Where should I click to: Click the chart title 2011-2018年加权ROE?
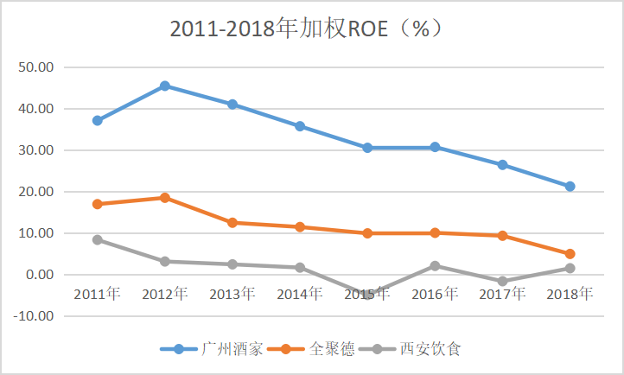[307, 28]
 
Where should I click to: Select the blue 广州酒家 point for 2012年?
[165, 86]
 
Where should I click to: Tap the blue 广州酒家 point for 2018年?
[570, 187]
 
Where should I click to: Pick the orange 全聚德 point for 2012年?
[165, 198]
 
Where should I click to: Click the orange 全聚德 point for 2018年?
[570, 254]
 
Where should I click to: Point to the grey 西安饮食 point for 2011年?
[98, 239]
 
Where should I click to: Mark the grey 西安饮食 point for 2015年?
[367, 295]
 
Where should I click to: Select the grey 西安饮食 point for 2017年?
[502, 282]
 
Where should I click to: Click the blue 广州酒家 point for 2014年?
[300, 126]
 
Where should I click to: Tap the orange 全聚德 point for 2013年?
[232, 223]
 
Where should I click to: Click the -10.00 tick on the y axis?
[34, 316]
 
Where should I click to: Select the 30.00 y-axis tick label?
[36, 150]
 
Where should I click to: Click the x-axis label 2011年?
[97, 294]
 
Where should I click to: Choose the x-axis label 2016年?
[435, 294]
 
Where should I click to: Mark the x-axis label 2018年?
[570, 294]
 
